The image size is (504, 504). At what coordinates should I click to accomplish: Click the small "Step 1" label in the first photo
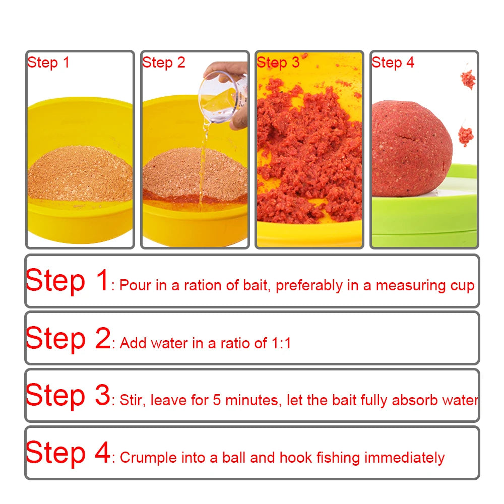click(x=48, y=62)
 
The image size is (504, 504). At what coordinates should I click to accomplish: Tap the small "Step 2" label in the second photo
click(x=164, y=62)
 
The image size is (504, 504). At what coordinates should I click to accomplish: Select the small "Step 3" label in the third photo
click(x=278, y=62)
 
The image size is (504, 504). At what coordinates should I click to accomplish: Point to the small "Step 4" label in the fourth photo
click(x=393, y=62)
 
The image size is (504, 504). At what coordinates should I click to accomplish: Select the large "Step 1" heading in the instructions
click(x=67, y=281)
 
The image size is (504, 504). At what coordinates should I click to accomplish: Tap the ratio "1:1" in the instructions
click(x=281, y=344)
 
